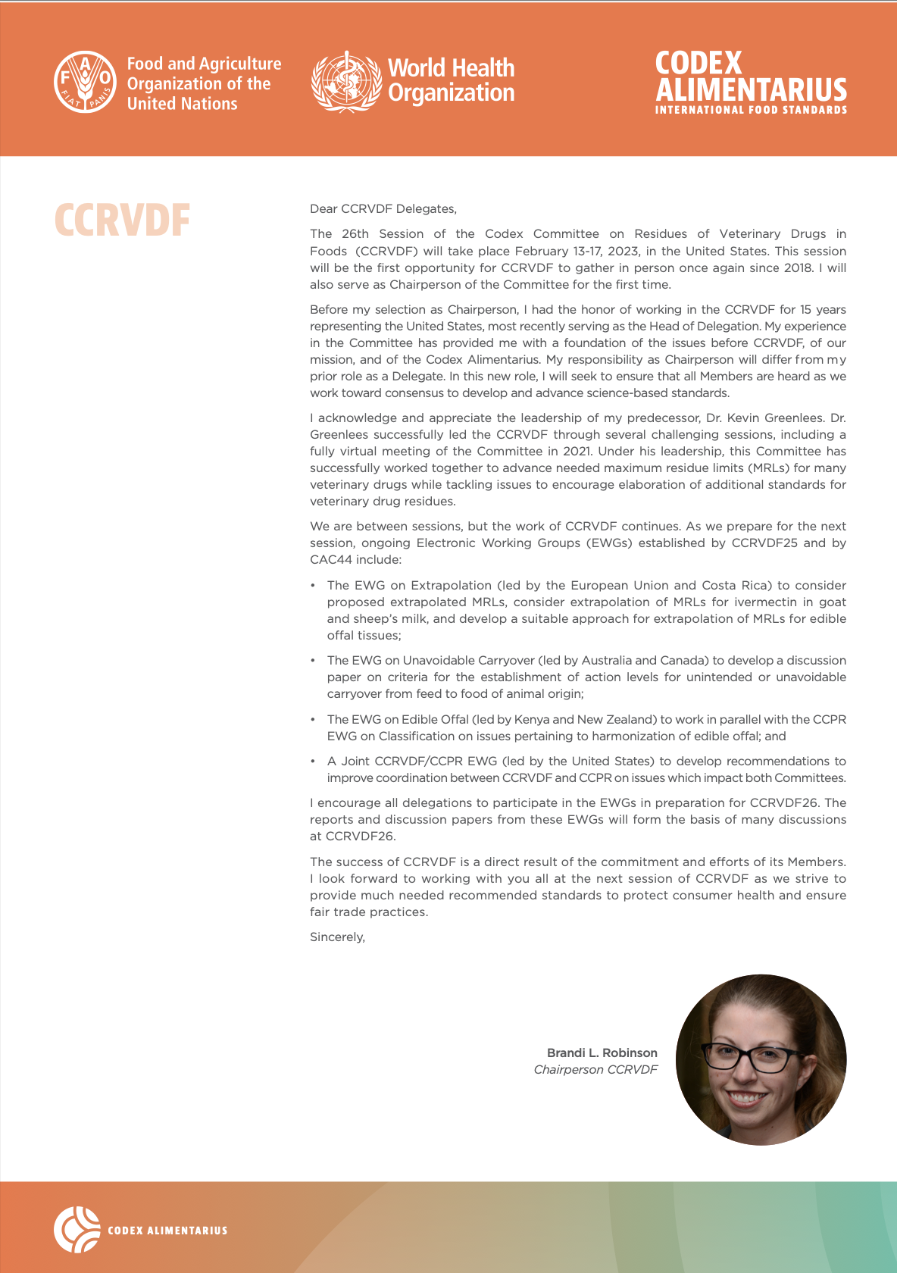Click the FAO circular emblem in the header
[x=85, y=83]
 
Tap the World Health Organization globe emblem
[x=346, y=82]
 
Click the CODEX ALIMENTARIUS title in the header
[x=750, y=77]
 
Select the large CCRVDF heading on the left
[x=122, y=221]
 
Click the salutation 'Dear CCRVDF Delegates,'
[x=383, y=209]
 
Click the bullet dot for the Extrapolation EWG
[x=313, y=586]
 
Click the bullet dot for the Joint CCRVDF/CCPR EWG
[x=313, y=762]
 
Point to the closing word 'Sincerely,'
[x=338, y=937]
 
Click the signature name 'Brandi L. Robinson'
[x=602, y=1052]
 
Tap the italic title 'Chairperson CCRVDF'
[x=595, y=1069]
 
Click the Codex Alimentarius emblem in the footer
[x=77, y=1229]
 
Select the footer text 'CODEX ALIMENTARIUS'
[x=167, y=1231]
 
